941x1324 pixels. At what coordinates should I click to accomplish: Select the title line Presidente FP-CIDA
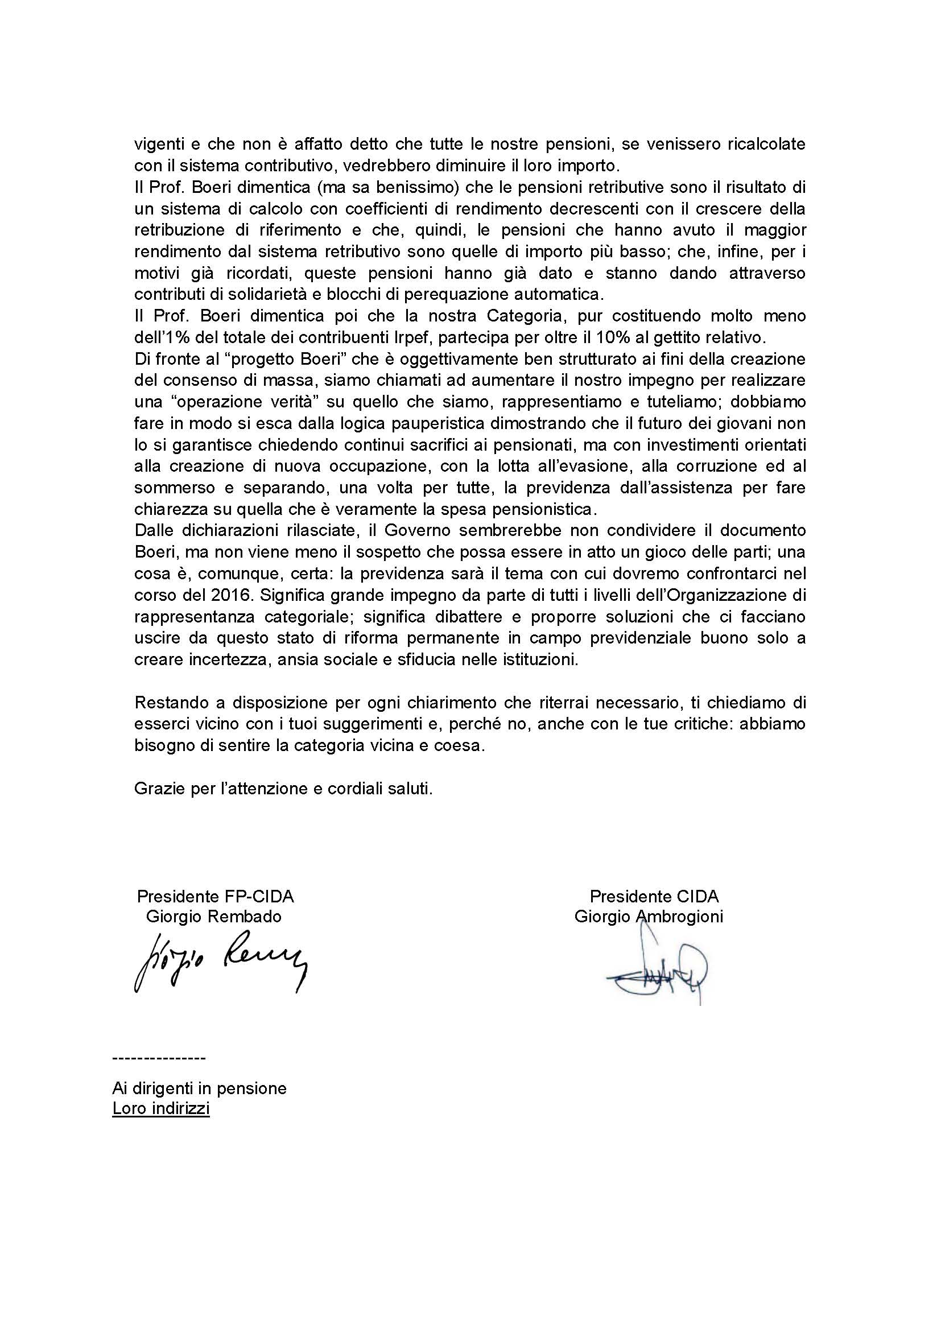point(215,896)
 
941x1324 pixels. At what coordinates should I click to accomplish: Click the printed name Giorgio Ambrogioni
point(649,917)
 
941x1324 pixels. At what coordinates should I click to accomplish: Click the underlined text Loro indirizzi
point(160,1109)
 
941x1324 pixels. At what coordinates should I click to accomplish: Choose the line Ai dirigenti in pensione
point(199,1088)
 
